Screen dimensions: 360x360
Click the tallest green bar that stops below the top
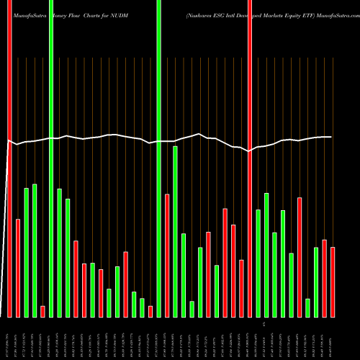click(x=175, y=230)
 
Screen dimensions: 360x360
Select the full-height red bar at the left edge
click(x=9, y=158)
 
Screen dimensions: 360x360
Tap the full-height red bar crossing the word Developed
click(x=250, y=158)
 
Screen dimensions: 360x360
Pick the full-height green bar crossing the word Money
click(x=51, y=158)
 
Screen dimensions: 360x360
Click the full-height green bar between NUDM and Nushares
click(x=158, y=158)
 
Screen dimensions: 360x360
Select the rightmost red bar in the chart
click(x=333, y=282)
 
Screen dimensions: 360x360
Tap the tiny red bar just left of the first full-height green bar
click(x=42, y=311)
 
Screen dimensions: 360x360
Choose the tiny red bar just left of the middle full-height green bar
click(x=150, y=311)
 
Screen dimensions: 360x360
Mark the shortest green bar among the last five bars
click(x=307, y=307)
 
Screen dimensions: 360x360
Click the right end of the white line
click(x=331, y=137)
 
